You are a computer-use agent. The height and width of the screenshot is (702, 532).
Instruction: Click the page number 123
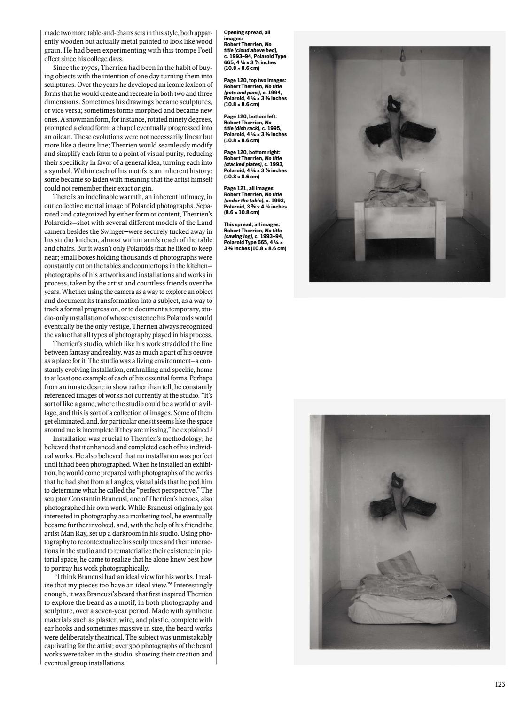500,684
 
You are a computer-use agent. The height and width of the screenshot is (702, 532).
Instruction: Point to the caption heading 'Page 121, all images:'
249,188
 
